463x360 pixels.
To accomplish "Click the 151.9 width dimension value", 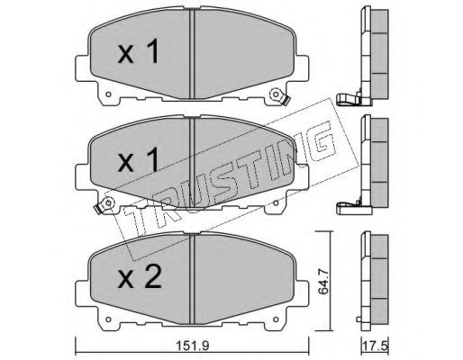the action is point(193,346).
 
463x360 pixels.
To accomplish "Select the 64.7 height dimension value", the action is point(323,282).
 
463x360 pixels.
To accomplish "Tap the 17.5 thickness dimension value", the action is point(376,346).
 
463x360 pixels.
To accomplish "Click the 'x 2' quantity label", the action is point(140,277).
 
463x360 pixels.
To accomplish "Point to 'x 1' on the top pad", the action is point(138,52).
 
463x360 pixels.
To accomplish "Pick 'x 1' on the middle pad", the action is point(138,160).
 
